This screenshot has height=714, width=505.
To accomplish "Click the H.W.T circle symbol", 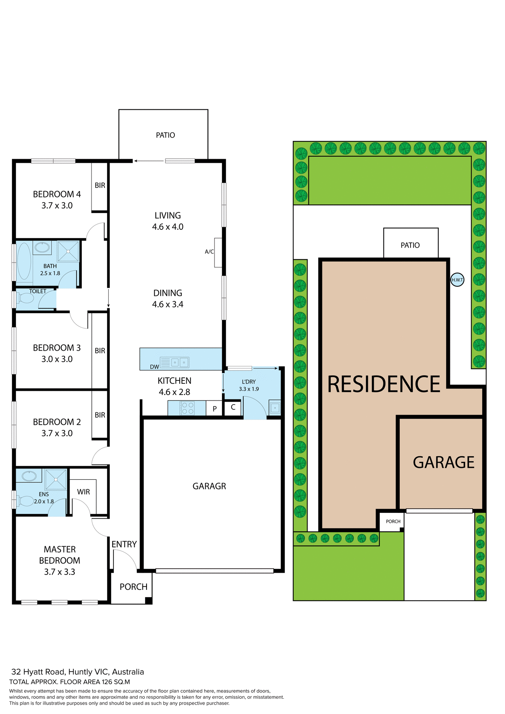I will (457, 280).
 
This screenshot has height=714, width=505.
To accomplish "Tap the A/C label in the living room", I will (209, 252).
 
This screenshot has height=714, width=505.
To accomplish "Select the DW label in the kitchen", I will (154, 367).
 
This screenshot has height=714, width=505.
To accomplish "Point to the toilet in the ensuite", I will (26, 501).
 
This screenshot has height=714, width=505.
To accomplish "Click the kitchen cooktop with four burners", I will (187, 408).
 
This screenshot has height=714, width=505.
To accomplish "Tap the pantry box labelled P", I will (215, 409).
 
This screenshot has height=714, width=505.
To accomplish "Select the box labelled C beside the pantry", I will (233, 407).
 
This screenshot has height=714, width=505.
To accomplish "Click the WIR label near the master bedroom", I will (83, 492).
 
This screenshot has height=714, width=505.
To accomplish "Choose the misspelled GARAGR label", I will (209, 486).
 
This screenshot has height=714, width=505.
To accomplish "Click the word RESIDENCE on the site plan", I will (383, 384).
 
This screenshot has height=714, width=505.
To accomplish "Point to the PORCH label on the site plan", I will (393, 521).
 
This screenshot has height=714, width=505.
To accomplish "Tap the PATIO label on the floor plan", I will (165, 135).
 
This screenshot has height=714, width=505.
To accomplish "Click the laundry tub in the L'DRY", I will (275, 408).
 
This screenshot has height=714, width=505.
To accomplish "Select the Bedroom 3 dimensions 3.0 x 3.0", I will (57, 359).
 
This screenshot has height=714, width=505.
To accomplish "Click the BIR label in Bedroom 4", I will (100, 185).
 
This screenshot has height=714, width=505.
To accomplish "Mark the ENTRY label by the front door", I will (124, 544).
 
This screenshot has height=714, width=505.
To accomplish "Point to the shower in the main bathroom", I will (68, 251).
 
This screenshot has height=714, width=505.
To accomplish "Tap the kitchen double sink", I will (179, 362).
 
